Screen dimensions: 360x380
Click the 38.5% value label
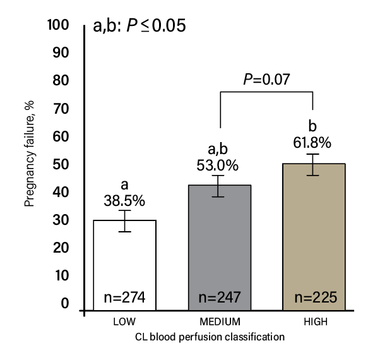[124, 201]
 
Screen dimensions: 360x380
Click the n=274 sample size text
[124, 297]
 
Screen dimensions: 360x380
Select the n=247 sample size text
[218, 297]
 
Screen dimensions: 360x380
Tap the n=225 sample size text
[313, 297]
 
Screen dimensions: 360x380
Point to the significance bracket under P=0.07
[266, 92]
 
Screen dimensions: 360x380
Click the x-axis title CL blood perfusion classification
[209, 338]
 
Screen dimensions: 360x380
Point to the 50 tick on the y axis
[62, 165]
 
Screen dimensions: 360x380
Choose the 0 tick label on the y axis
[64, 304]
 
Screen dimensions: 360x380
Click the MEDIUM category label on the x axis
[218, 322]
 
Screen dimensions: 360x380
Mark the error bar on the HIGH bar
[313, 164]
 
